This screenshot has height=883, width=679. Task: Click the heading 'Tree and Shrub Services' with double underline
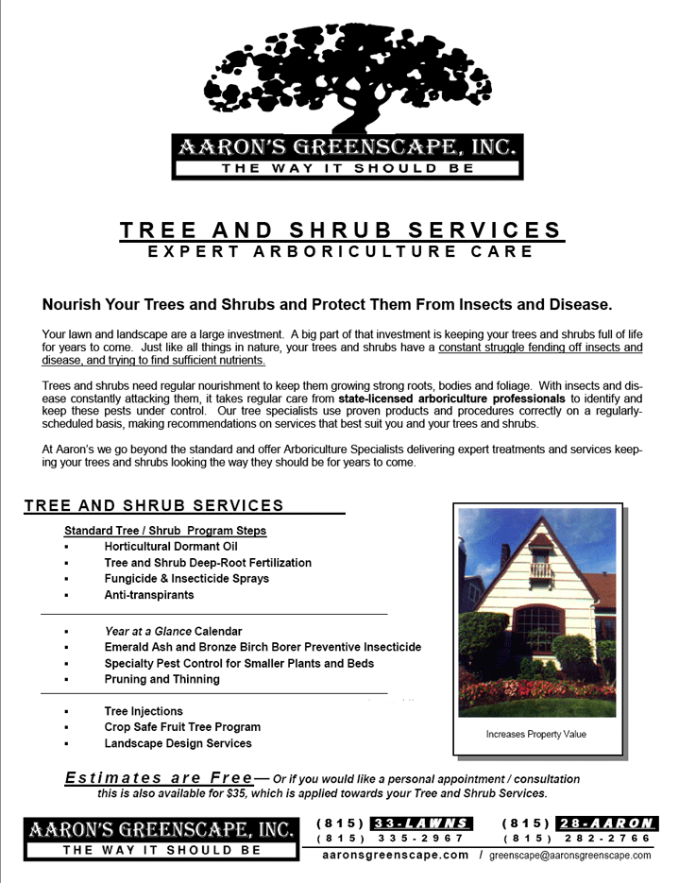point(341,230)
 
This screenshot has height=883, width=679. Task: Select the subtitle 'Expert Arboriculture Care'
point(341,252)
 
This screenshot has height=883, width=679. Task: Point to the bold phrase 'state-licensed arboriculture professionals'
point(458,399)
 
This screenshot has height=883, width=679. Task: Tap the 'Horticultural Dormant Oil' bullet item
point(171,547)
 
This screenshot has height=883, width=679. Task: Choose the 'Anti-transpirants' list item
point(149,595)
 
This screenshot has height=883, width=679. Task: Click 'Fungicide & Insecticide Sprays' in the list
point(186,579)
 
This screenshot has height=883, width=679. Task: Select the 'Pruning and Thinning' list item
point(161,679)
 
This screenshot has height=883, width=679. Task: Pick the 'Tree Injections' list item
point(144,711)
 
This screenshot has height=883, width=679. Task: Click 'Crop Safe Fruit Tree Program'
point(182,727)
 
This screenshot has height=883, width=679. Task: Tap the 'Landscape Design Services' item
point(178,743)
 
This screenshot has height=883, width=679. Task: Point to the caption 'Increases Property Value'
point(535,734)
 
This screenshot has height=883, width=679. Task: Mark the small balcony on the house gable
point(540,569)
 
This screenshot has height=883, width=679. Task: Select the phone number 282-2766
point(604,838)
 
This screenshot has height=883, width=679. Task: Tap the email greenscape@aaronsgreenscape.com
point(570,856)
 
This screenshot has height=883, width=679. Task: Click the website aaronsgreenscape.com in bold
point(396,855)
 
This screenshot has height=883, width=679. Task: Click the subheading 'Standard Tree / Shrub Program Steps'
point(165,531)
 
